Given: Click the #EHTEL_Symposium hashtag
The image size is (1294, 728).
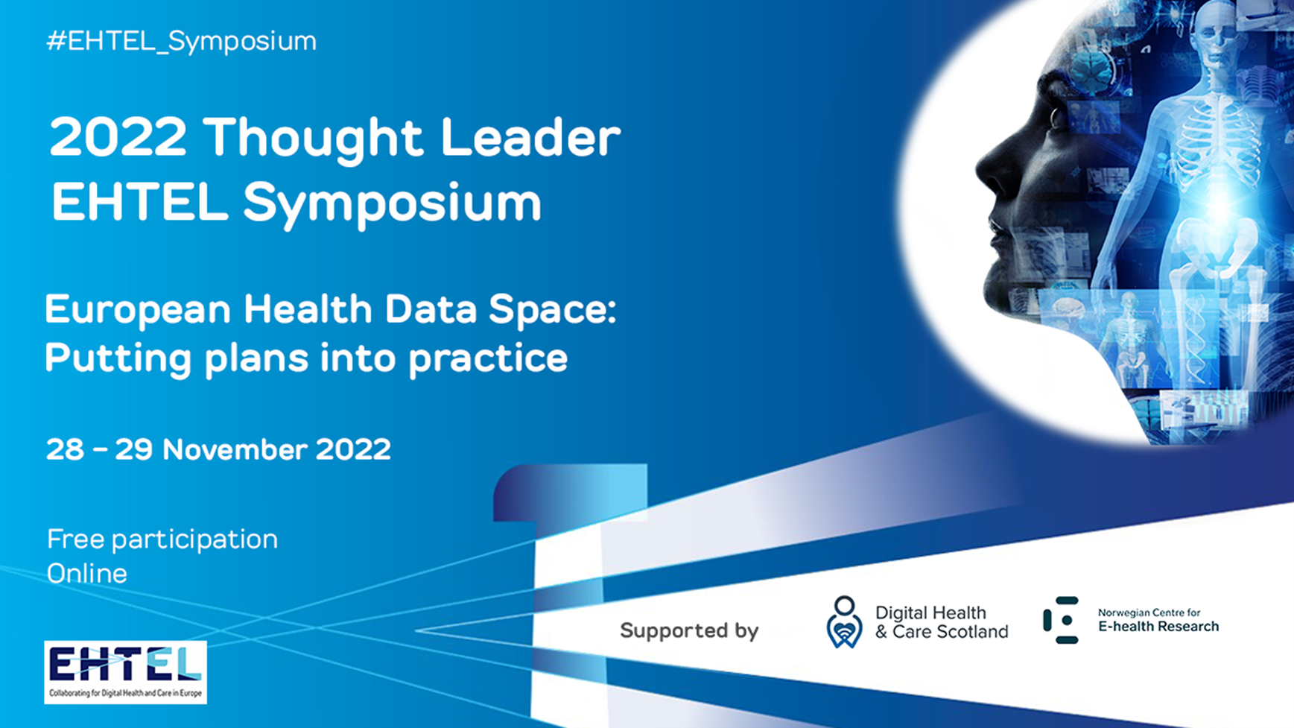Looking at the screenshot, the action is (182, 41).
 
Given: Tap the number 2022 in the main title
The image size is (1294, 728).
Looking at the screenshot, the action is (118, 138).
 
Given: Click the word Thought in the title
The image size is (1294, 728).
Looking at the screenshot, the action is (313, 139).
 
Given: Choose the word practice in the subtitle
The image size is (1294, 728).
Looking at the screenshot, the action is (488, 359).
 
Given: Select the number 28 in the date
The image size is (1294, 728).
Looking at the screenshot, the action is (65, 450).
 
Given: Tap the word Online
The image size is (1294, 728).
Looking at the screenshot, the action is (87, 574).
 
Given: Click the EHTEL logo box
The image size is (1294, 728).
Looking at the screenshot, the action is (125, 672).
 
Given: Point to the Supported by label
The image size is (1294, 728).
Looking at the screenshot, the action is (689, 631).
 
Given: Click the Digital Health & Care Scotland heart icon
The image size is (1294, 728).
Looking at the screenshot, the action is (844, 622).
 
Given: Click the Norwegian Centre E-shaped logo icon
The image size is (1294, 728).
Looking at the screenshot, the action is (1061, 620).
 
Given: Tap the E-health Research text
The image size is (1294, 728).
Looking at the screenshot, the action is (1158, 627).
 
